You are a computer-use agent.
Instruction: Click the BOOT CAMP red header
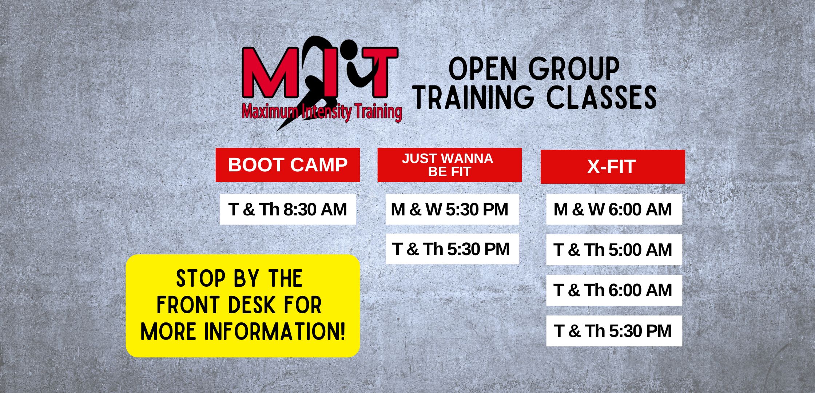click(x=288, y=165)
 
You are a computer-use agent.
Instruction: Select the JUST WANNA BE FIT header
click(x=450, y=165)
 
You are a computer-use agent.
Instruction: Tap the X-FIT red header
click(x=613, y=167)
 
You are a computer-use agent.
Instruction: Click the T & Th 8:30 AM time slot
click(x=288, y=209)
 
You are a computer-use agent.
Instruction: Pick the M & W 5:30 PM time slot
click(x=452, y=209)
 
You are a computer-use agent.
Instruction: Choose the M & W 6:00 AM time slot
click(x=614, y=209)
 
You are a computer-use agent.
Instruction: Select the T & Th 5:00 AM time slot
click(x=614, y=250)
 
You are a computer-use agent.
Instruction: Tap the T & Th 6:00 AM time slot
click(x=614, y=290)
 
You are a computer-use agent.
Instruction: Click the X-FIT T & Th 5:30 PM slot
click(x=614, y=331)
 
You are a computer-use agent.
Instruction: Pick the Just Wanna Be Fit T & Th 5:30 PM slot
click(x=452, y=249)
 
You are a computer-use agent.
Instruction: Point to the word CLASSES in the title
click(x=602, y=97)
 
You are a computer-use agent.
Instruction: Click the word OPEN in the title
click(x=483, y=69)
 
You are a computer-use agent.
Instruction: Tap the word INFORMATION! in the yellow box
click(x=275, y=332)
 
